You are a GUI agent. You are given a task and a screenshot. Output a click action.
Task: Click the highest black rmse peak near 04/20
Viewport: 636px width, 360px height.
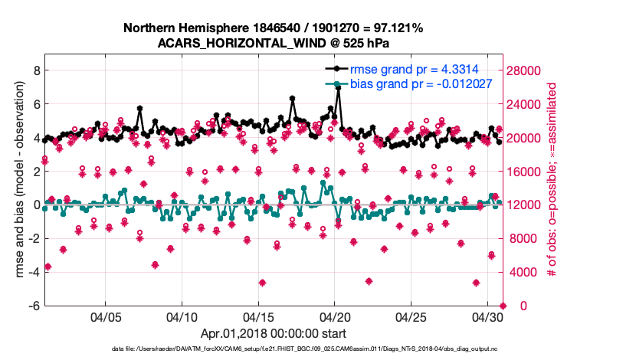tap(338, 88)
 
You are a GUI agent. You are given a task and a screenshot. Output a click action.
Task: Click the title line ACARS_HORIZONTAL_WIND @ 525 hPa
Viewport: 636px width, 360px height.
tap(274, 43)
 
